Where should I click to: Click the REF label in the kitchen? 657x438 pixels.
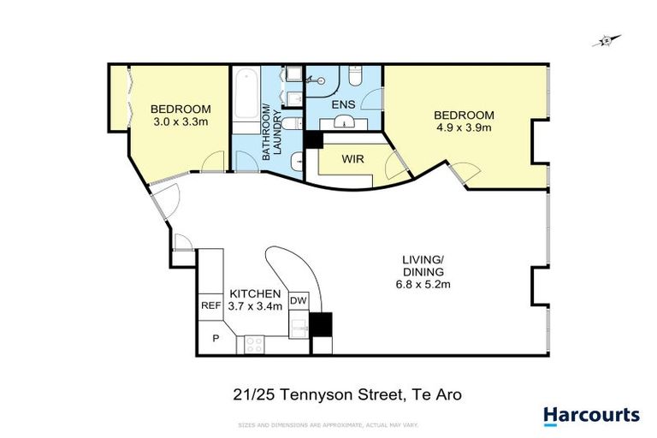210,305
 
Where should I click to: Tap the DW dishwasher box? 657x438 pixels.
298,301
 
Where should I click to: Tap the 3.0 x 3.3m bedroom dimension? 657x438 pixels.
180,122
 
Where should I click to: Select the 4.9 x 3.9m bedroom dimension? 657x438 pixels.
464,128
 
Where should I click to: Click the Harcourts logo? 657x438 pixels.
591,416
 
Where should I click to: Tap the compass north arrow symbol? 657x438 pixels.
607,39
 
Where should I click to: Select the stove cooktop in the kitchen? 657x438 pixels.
254,344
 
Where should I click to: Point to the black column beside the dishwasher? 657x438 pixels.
321,324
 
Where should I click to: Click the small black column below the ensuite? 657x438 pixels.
311,140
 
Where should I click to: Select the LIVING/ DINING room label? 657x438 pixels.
423,265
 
